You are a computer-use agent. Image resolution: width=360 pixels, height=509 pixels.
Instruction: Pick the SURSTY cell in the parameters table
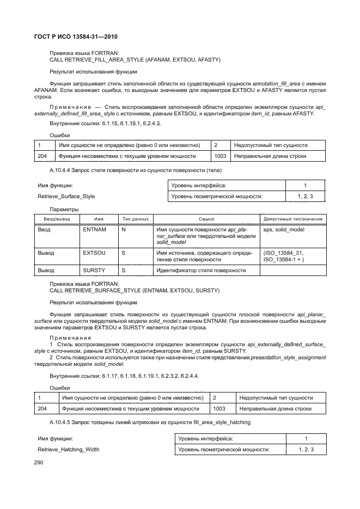pos(94,270)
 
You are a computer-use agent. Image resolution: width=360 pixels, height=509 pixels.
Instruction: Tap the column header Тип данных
pos(135,219)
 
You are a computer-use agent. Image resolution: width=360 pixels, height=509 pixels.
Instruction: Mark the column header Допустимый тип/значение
pos(292,219)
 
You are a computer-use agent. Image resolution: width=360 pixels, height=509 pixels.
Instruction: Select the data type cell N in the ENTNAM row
pos(124,230)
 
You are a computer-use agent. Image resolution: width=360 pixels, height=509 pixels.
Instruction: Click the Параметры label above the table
pos(64,209)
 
